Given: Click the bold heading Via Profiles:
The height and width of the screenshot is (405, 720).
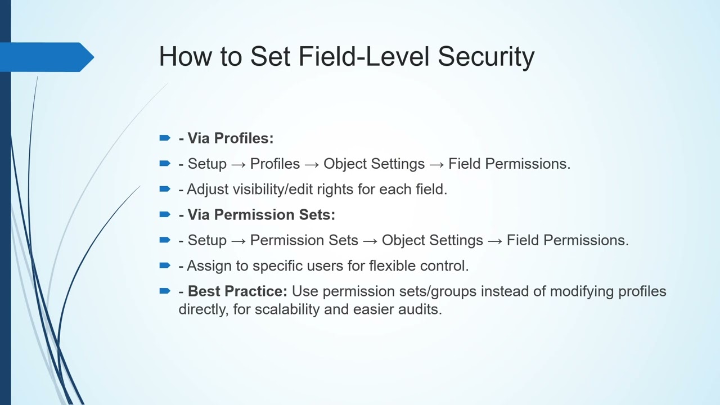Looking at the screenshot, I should [230, 138].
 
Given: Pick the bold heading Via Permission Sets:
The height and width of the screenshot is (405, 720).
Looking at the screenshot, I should [261, 215].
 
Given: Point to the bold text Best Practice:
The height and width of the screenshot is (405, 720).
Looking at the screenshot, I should [237, 291].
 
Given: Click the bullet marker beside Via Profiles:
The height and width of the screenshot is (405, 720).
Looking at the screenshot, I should [165, 138].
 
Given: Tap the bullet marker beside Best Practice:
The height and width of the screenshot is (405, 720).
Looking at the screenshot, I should [165, 291].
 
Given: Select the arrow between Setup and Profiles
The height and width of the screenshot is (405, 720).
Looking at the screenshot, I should [238, 164].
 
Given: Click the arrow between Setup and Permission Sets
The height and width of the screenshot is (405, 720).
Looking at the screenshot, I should [238, 241].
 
